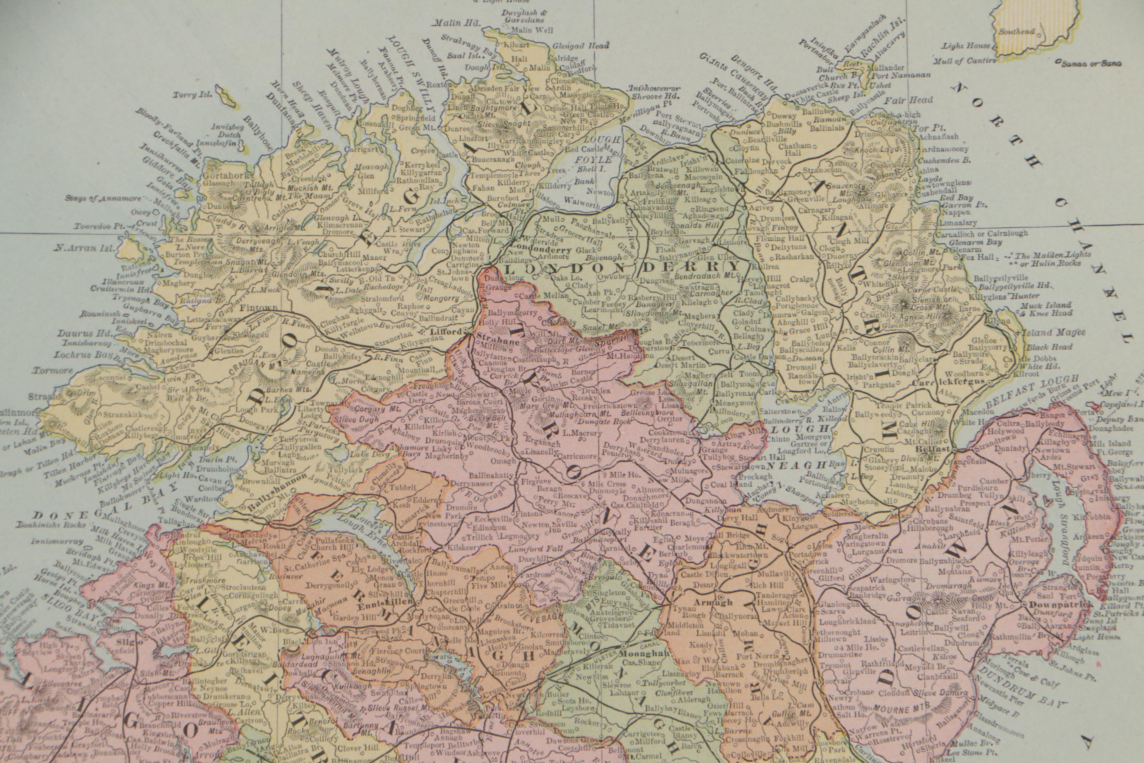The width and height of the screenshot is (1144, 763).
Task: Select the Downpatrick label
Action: pyautogui.click(x=1054, y=604)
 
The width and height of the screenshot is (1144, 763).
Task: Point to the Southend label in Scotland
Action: pyautogui.click(x=1013, y=32)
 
